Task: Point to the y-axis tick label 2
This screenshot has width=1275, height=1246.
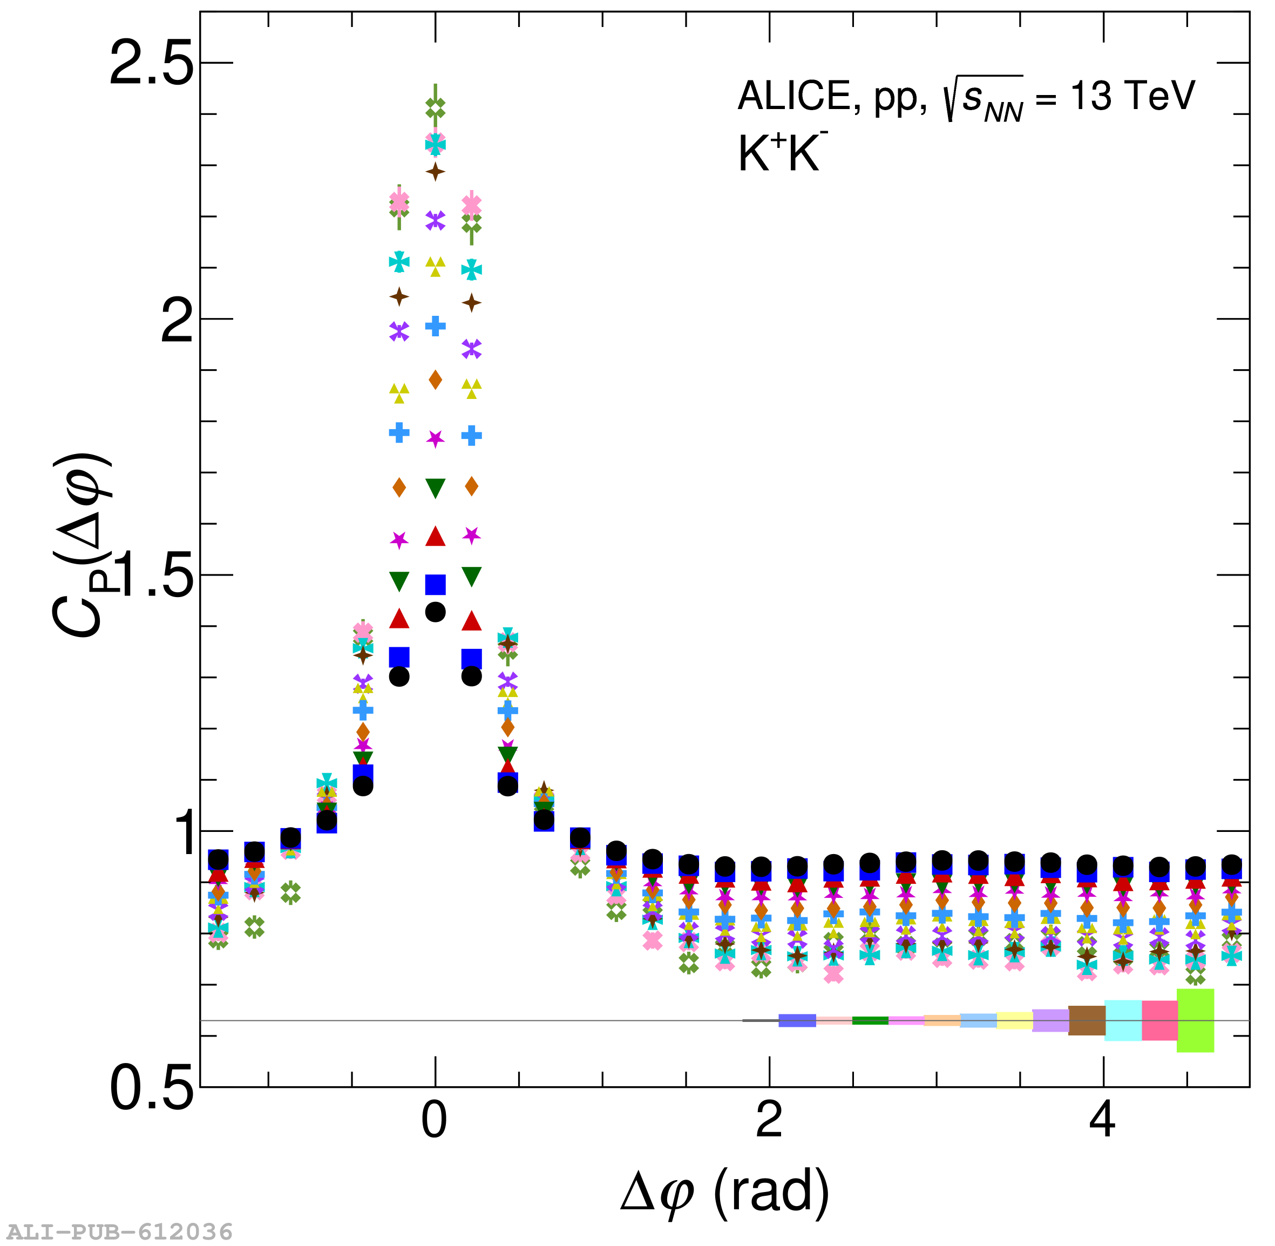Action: click(x=177, y=321)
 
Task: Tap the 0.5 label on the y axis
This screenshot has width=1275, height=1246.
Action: click(x=152, y=1089)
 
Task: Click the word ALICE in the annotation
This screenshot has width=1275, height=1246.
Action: click(x=794, y=97)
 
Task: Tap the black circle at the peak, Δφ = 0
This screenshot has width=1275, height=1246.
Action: click(x=436, y=612)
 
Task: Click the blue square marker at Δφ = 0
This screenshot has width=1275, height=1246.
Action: click(x=436, y=584)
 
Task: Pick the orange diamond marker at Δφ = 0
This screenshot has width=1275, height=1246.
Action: click(x=436, y=380)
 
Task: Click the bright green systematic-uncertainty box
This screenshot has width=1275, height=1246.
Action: click(x=1195, y=1020)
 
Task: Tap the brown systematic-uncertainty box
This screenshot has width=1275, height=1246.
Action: click(x=1087, y=1020)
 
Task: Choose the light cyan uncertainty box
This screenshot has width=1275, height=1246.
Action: click(x=1123, y=1020)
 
